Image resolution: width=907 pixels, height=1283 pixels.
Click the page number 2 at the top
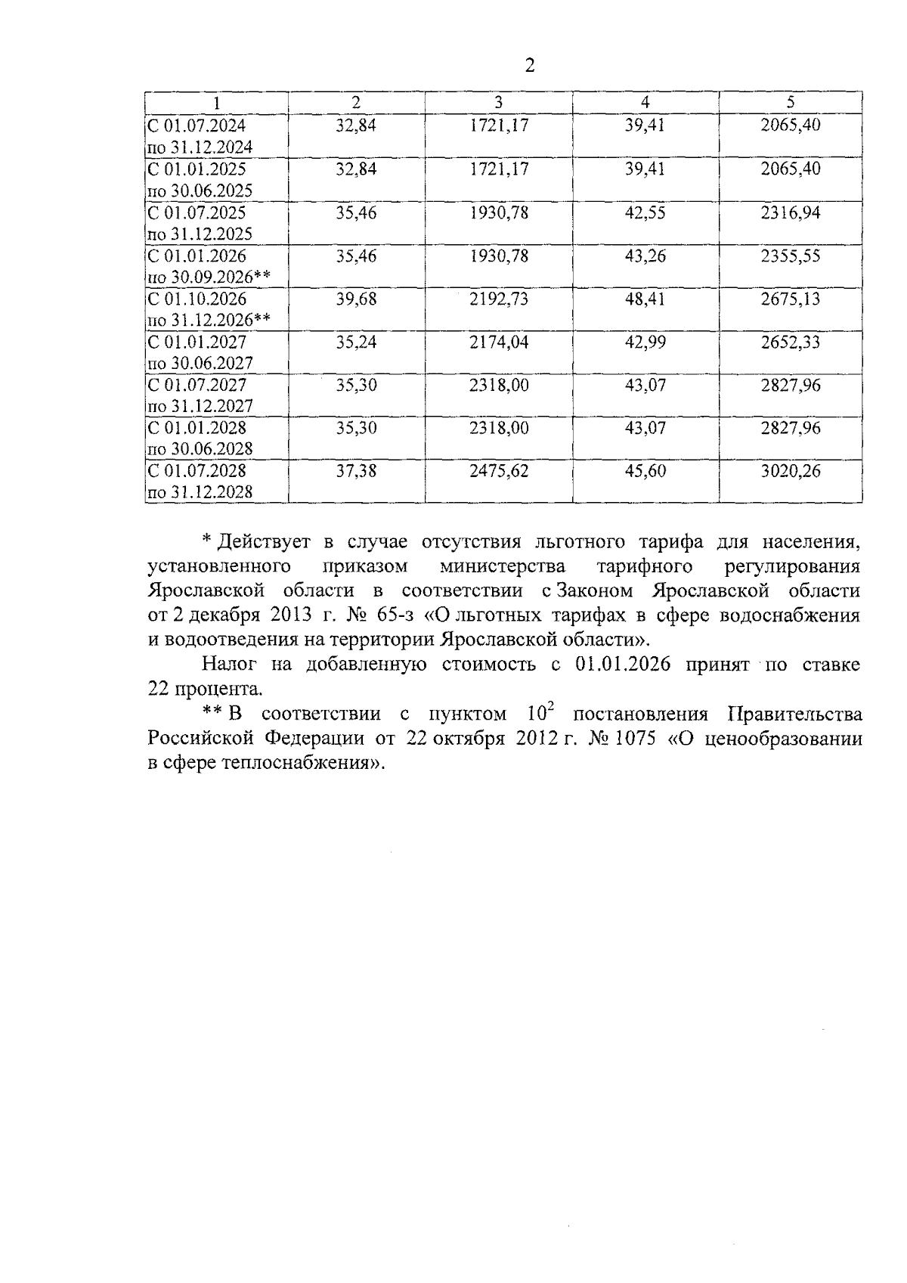click(x=529, y=66)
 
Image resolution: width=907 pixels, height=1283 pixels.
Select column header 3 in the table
click(x=498, y=102)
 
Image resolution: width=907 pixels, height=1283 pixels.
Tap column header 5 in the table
click(x=790, y=102)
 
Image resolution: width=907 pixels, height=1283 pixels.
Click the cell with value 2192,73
click(x=498, y=299)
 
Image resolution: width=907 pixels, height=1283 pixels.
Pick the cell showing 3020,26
click(x=790, y=472)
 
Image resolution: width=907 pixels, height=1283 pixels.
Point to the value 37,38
click(x=356, y=472)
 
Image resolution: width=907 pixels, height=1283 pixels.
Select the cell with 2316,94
click(x=790, y=213)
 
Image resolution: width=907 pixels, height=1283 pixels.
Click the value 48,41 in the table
click(x=645, y=299)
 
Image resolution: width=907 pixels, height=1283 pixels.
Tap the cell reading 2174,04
click(x=498, y=342)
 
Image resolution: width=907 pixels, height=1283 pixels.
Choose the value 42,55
click(x=645, y=213)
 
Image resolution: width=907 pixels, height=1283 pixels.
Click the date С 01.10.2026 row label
click(x=197, y=299)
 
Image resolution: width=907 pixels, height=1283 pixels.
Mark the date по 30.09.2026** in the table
click(x=209, y=277)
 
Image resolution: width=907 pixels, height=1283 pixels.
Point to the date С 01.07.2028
click(x=197, y=472)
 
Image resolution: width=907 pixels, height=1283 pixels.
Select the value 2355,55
click(x=790, y=256)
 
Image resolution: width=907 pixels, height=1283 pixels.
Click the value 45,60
click(x=645, y=472)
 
